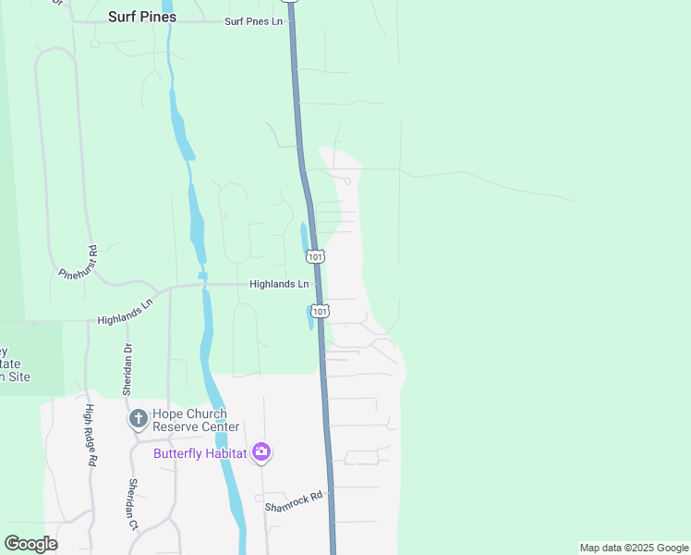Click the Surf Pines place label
coord(141,17)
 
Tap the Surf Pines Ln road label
coord(252,20)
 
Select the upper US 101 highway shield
coord(316,256)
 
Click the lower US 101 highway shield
coord(320,311)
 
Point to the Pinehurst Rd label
coord(79,264)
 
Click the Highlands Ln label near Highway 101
coord(278,285)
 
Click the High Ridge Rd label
coord(91,434)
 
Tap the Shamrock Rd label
coord(294,501)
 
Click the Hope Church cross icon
coord(138,420)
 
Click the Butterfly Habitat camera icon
coord(261,451)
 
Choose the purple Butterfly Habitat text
coord(200,453)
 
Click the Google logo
coord(30,544)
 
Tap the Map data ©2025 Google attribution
coord(634,548)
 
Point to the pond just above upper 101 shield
coord(304,236)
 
